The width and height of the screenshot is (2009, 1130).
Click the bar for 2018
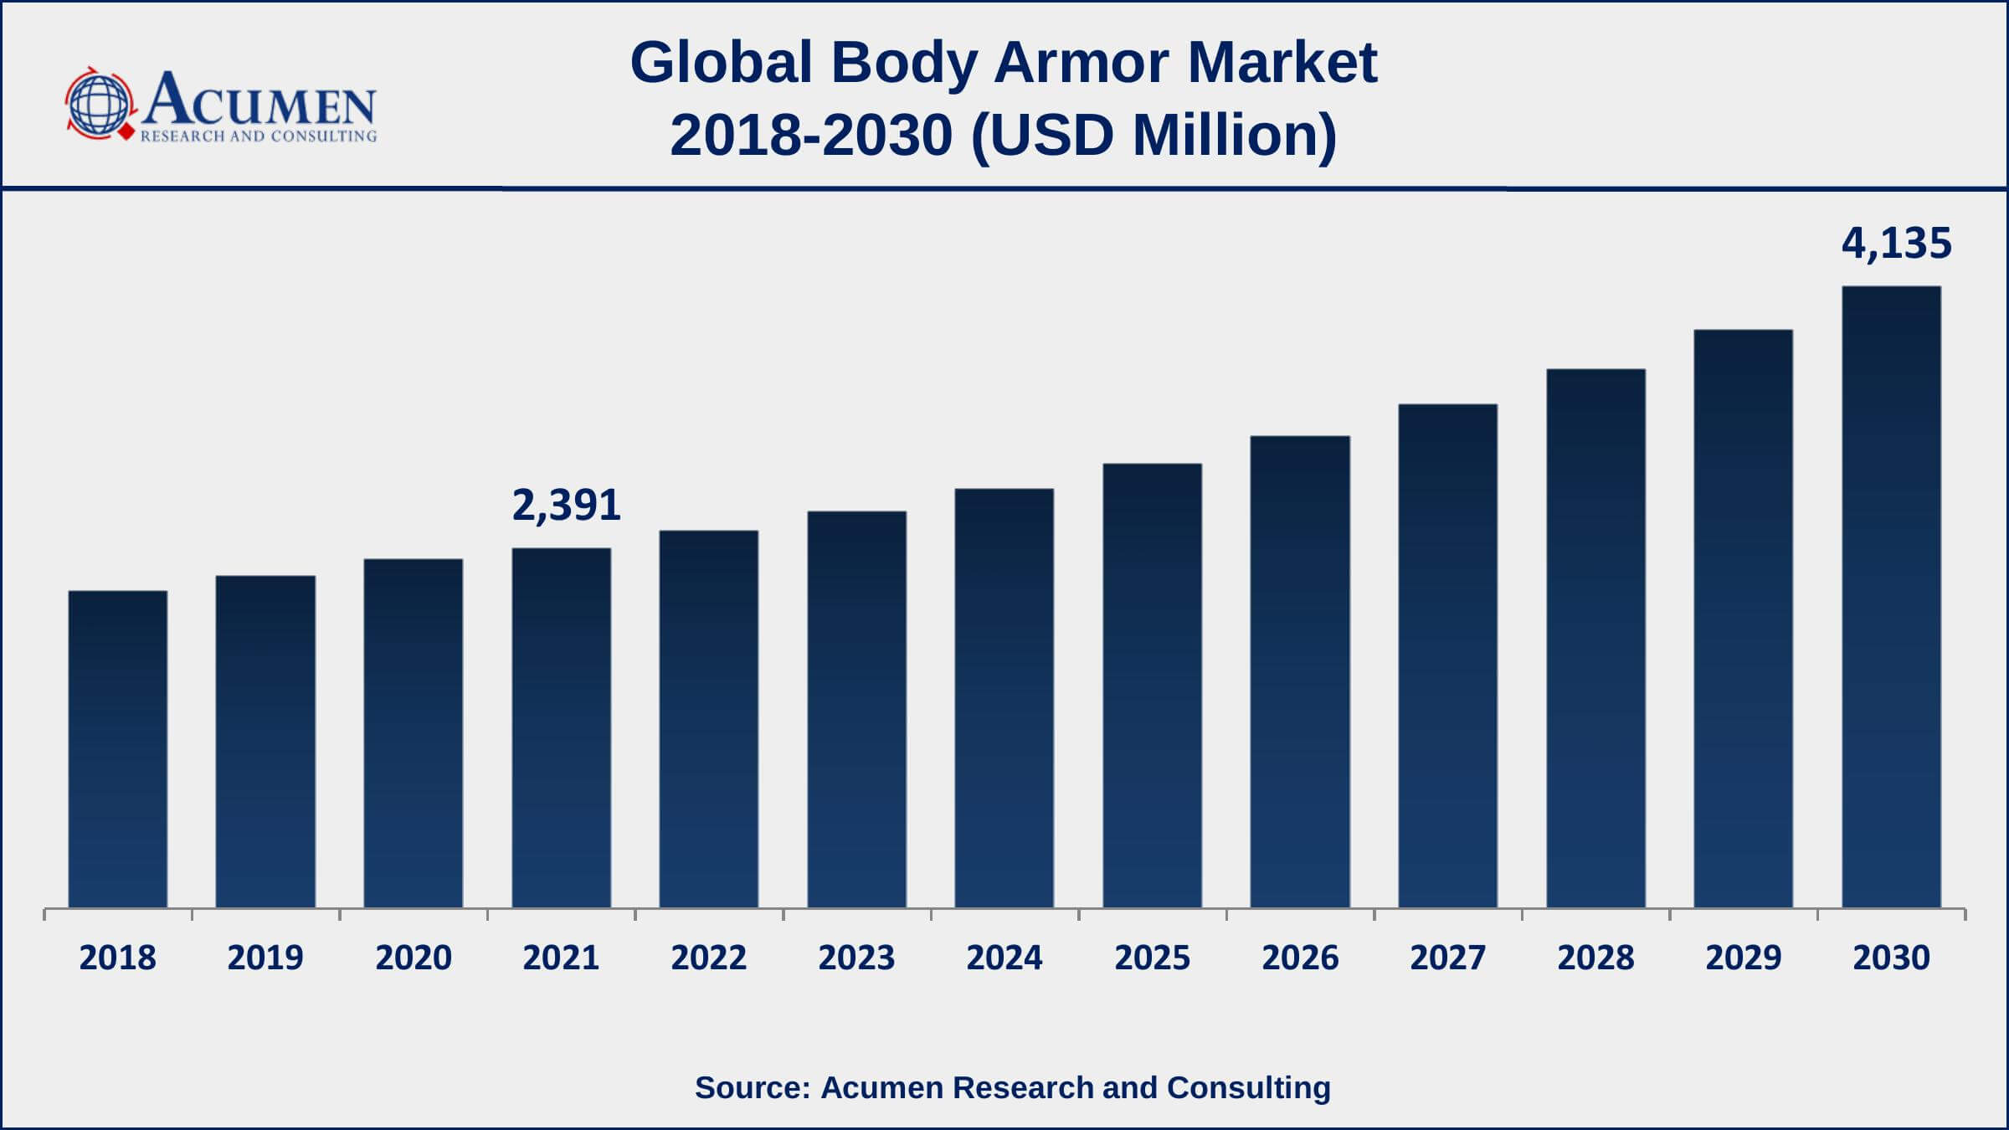(x=118, y=749)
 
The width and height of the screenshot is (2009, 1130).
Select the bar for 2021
(x=561, y=727)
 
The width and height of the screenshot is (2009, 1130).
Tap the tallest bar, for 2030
(x=1891, y=597)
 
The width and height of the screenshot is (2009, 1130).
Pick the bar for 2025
(x=1152, y=686)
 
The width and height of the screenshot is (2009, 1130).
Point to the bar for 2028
(x=1595, y=638)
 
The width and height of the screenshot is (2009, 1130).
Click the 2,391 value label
(x=566, y=506)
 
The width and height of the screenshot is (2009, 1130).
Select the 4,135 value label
(x=1896, y=244)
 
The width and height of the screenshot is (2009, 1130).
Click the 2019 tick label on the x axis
(x=265, y=958)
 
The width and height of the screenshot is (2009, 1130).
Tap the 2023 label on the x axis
(x=856, y=958)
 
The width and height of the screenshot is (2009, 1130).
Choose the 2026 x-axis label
(x=1300, y=958)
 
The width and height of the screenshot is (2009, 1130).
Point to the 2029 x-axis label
(x=1744, y=958)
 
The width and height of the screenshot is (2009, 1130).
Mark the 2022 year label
(x=708, y=958)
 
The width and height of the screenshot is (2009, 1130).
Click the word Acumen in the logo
(x=259, y=100)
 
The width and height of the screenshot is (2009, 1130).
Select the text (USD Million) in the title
(x=1154, y=136)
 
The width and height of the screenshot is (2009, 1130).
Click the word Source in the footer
(x=751, y=1087)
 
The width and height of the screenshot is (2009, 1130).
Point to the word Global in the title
(x=721, y=63)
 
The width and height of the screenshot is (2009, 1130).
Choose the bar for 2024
(x=1004, y=698)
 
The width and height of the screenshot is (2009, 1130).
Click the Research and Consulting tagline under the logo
(x=259, y=136)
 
